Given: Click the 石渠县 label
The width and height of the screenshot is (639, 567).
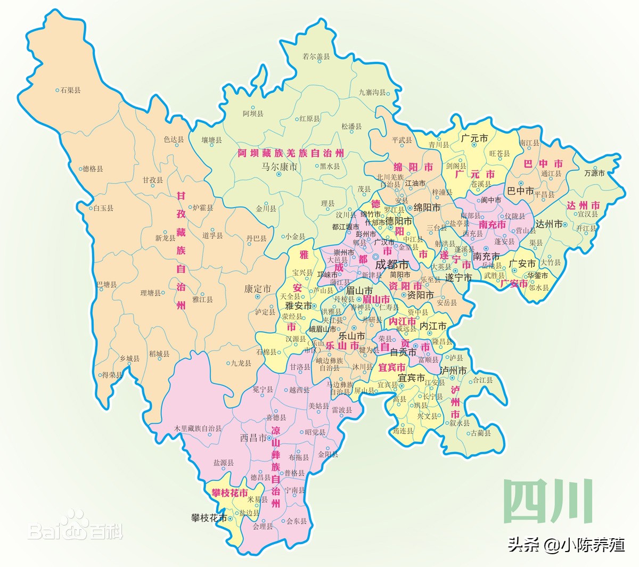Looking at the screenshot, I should pos(70,91).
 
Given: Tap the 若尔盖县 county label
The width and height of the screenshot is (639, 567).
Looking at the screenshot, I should pos(316,56).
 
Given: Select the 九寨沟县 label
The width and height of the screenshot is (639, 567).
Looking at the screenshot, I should pos(372,93).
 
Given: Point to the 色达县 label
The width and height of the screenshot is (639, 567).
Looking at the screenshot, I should pos(174,139).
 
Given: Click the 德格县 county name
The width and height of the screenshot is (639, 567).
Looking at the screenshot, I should pos(93,169).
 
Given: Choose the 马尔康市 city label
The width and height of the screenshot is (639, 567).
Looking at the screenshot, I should pos(279,167).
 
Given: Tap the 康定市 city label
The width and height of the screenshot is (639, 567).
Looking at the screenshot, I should pos(258,289).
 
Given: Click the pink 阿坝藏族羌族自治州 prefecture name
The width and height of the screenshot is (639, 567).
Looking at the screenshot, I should pos(291,153).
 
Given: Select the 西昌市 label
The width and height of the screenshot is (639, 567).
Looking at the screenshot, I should pos(253,438).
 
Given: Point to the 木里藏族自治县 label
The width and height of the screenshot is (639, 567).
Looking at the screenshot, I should pos(198,428).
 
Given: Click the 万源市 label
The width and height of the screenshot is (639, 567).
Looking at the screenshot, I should pos(594,173).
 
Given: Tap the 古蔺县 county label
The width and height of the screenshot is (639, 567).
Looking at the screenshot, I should pos(481,433).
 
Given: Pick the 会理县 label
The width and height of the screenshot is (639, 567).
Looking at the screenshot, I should pos(263,526).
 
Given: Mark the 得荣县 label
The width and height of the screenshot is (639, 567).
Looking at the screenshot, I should pos(112,375).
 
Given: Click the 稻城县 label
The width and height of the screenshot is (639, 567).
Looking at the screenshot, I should pos(159,354).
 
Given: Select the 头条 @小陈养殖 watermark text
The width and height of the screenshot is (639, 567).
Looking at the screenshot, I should pos(566,545).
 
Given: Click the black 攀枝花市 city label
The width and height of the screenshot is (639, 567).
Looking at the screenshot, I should pos(209,517).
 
